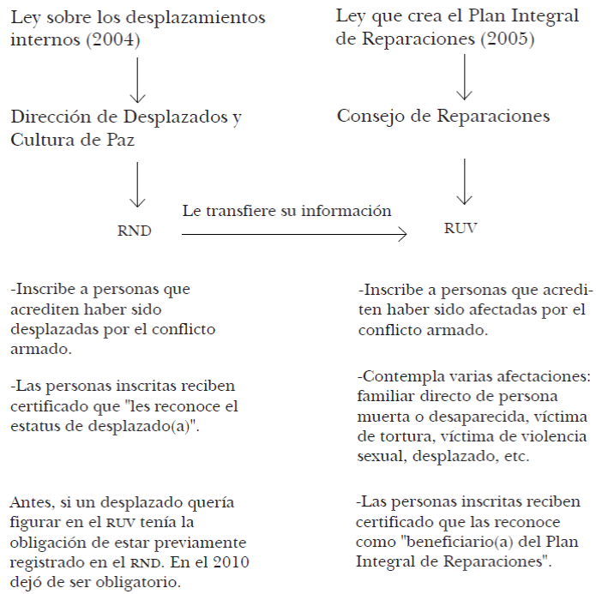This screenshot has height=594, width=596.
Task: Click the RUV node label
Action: click(461, 229)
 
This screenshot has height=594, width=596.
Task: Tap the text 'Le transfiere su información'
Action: click(286, 211)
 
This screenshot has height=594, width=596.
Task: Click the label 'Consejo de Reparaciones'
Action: click(443, 116)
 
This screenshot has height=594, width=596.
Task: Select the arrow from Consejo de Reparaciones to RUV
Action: click(464, 180)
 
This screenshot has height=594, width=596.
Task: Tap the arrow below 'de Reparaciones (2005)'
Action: click(464, 78)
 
